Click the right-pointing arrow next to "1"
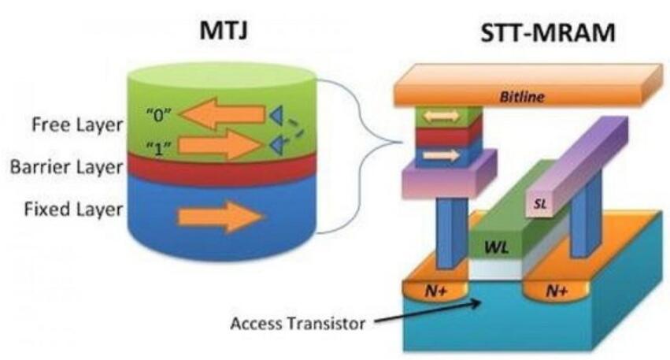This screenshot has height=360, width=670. [x=220, y=144]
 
